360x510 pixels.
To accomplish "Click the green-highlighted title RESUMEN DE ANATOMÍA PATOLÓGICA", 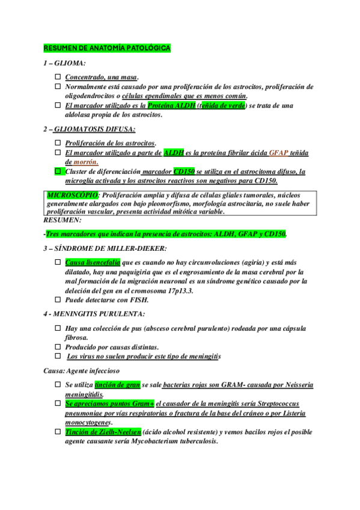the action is (107, 48).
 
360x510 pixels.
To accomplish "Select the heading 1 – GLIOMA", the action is (64, 63).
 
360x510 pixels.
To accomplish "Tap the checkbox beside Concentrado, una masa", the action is (58, 77).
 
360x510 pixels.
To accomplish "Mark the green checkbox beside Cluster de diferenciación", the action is (58, 171).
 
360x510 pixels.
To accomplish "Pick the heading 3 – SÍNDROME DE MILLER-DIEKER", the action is (105, 248).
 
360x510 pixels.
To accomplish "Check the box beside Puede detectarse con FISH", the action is (58, 300).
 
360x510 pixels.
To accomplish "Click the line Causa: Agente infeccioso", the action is (82, 370).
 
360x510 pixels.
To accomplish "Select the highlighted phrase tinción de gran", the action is (117, 384).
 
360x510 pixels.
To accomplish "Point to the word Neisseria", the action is (296, 384).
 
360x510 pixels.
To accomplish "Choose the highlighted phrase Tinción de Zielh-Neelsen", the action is (103, 432).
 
